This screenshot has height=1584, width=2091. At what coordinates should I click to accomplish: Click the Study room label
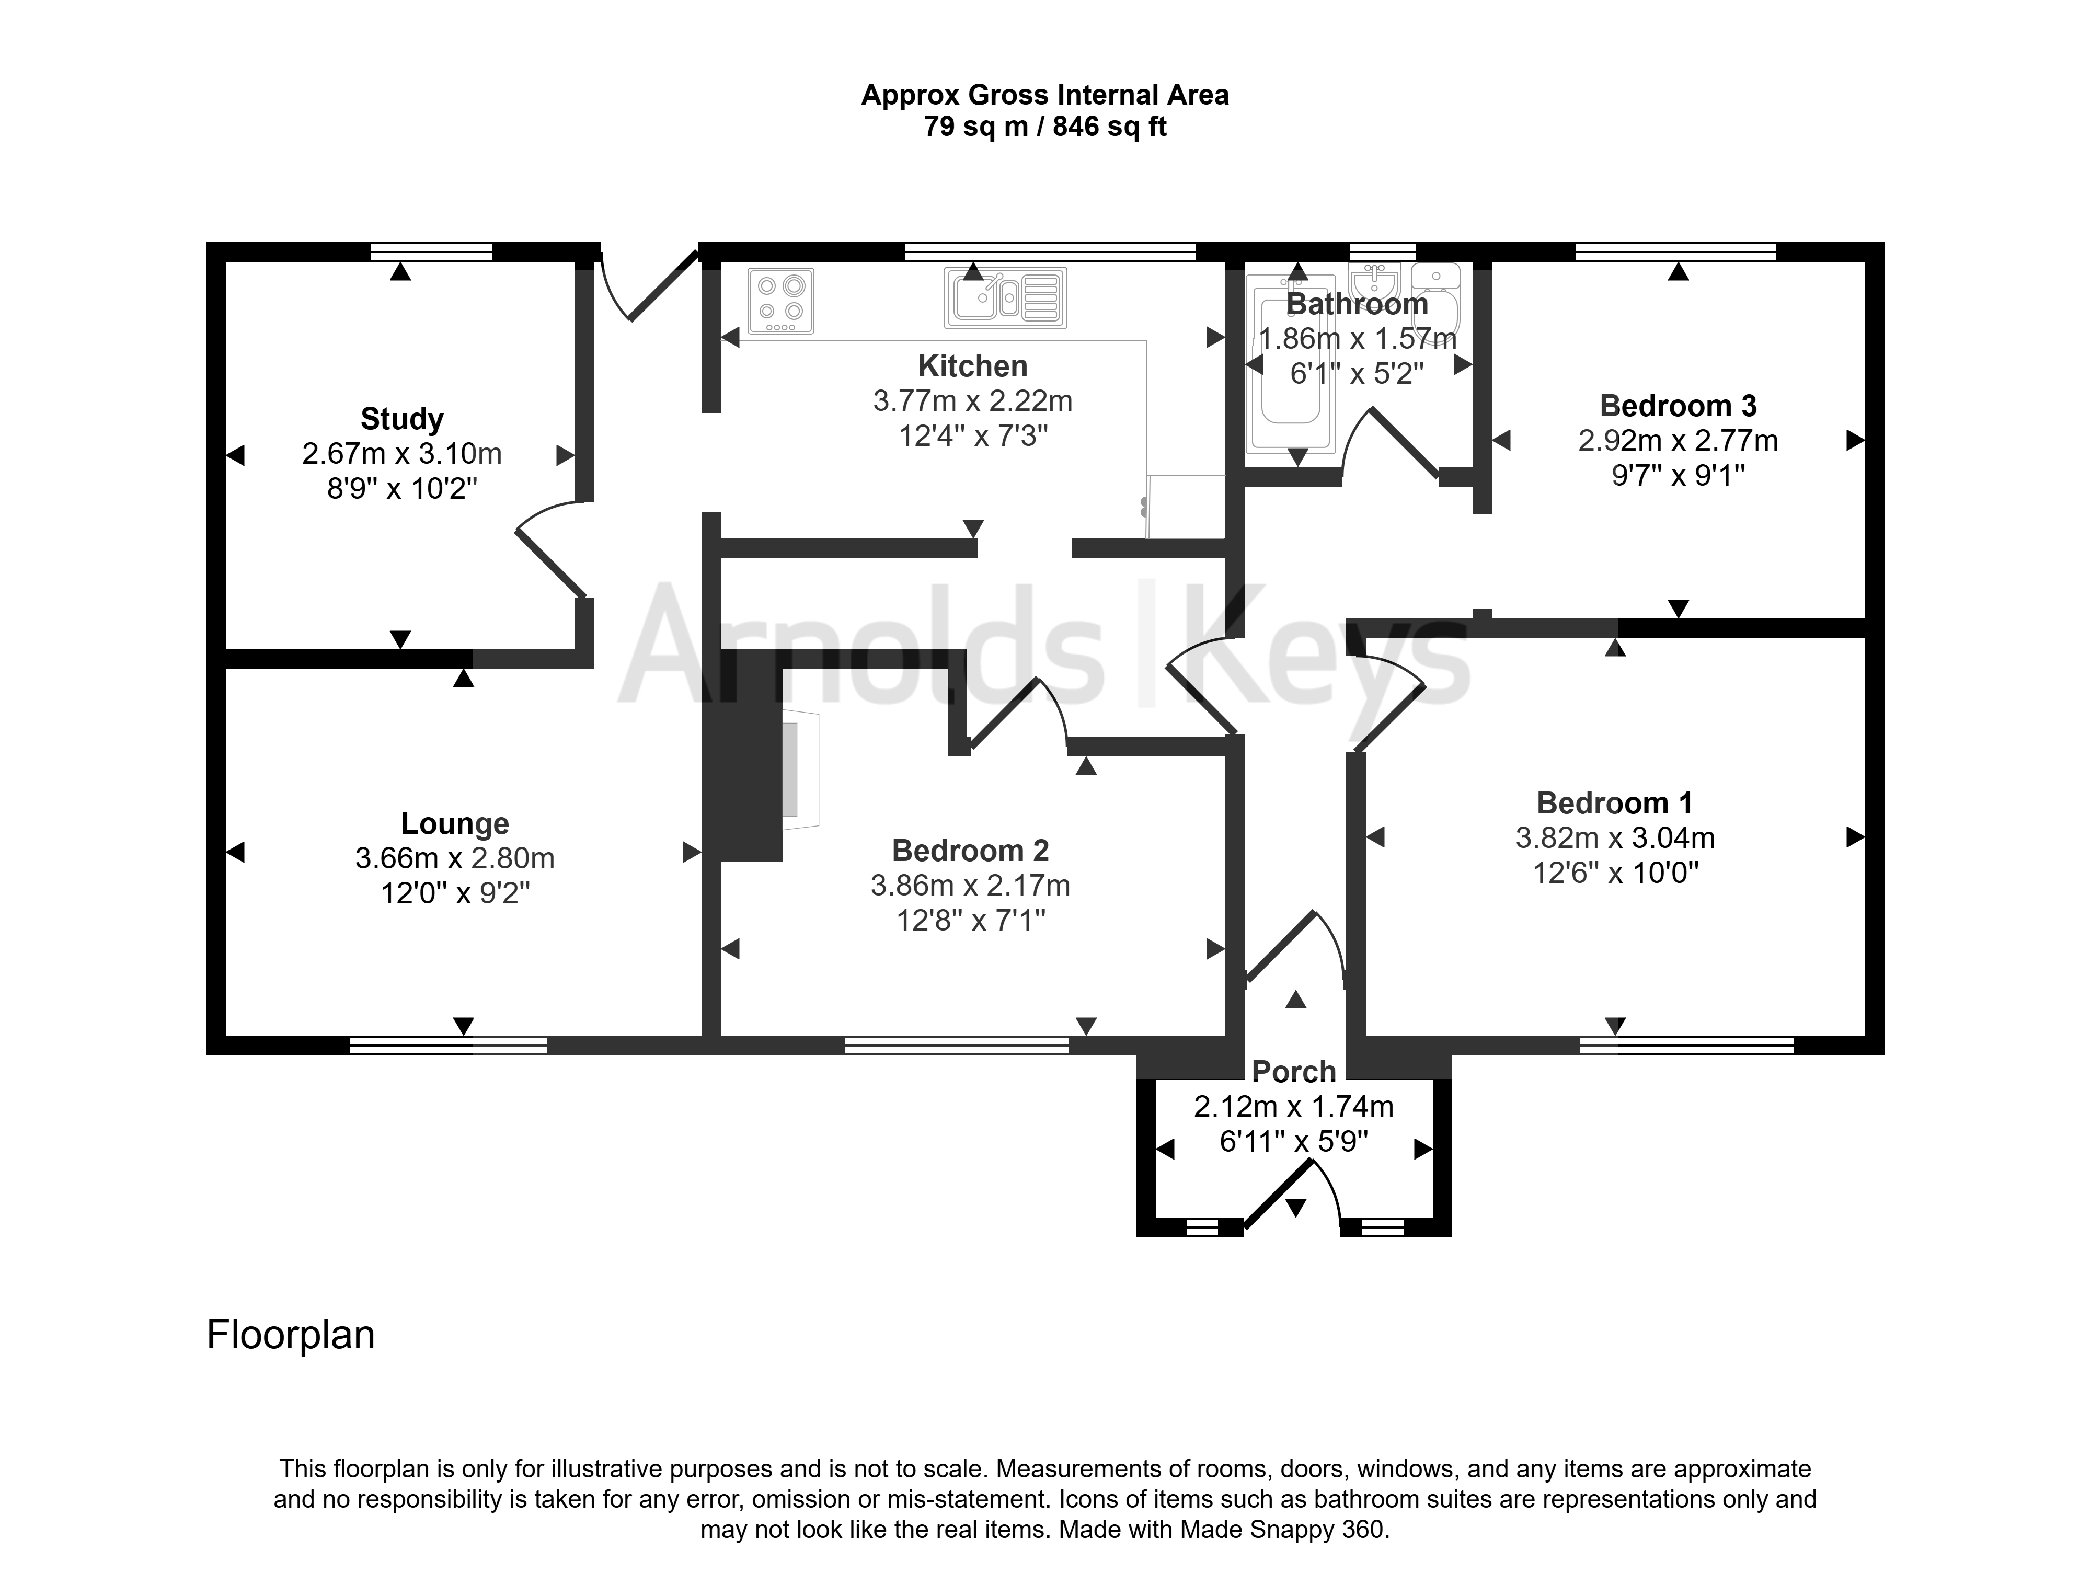point(402,419)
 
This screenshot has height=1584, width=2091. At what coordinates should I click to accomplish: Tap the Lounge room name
point(455,823)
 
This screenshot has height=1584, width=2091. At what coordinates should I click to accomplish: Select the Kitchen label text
point(973,366)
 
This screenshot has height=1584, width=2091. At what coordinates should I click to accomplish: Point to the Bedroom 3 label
point(1678,406)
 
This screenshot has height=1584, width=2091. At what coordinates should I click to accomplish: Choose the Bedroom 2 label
point(971,851)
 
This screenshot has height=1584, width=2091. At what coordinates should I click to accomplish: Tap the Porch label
point(1294,1072)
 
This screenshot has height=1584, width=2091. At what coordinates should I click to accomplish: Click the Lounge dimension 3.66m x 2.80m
point(455,858)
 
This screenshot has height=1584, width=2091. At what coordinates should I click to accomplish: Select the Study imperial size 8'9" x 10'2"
point(402,489)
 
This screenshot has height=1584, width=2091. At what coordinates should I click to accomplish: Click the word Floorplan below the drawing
point(291,1335)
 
